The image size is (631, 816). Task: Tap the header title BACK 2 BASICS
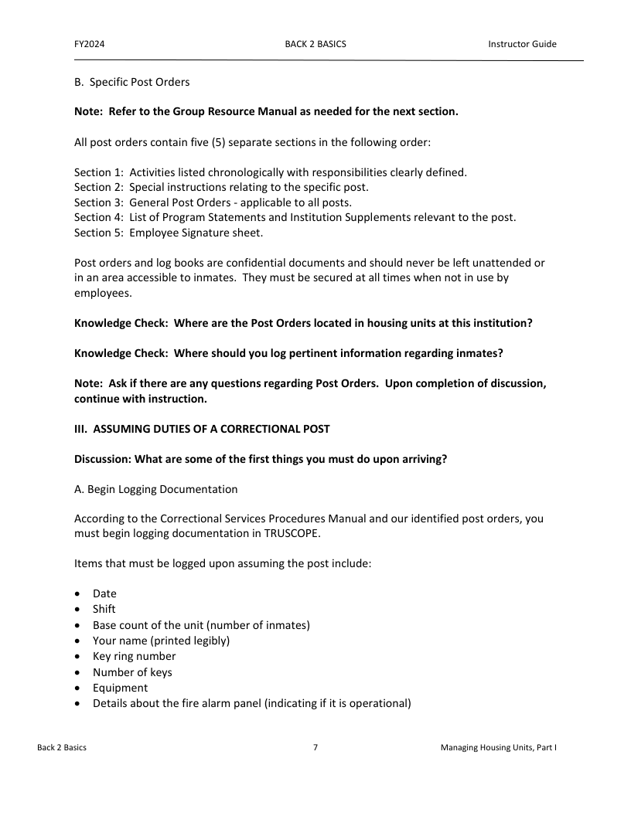coord(315,44)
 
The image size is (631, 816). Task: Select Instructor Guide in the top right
coord(522,44)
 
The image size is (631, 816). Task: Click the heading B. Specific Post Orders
coord(131,82)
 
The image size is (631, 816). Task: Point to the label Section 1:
coord(98,172)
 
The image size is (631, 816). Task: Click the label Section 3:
coord(98,202)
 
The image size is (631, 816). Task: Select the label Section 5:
coord(98,233)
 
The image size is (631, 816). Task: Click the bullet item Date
coord(104,593)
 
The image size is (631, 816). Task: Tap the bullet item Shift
coord(104,609)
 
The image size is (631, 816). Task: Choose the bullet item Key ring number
coord(134,656)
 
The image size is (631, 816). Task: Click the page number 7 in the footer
coord(315,748)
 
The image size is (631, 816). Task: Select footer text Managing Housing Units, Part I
coord(499,748)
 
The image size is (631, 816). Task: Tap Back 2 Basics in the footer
coord(62,748)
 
